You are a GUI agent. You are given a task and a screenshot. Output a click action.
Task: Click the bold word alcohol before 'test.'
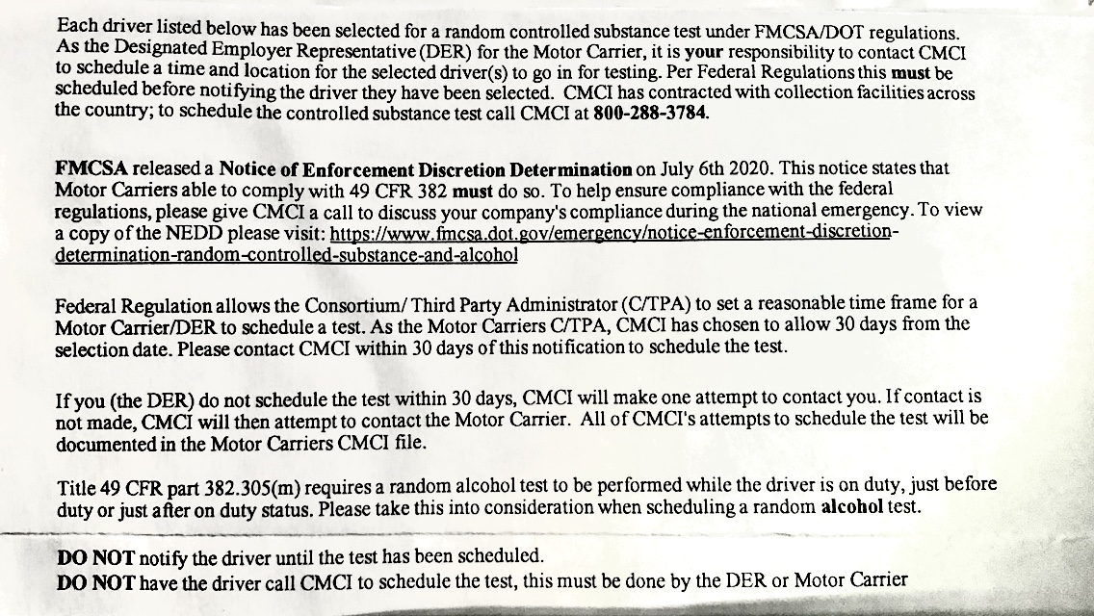850,506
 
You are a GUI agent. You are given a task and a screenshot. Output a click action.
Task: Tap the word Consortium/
356,305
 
